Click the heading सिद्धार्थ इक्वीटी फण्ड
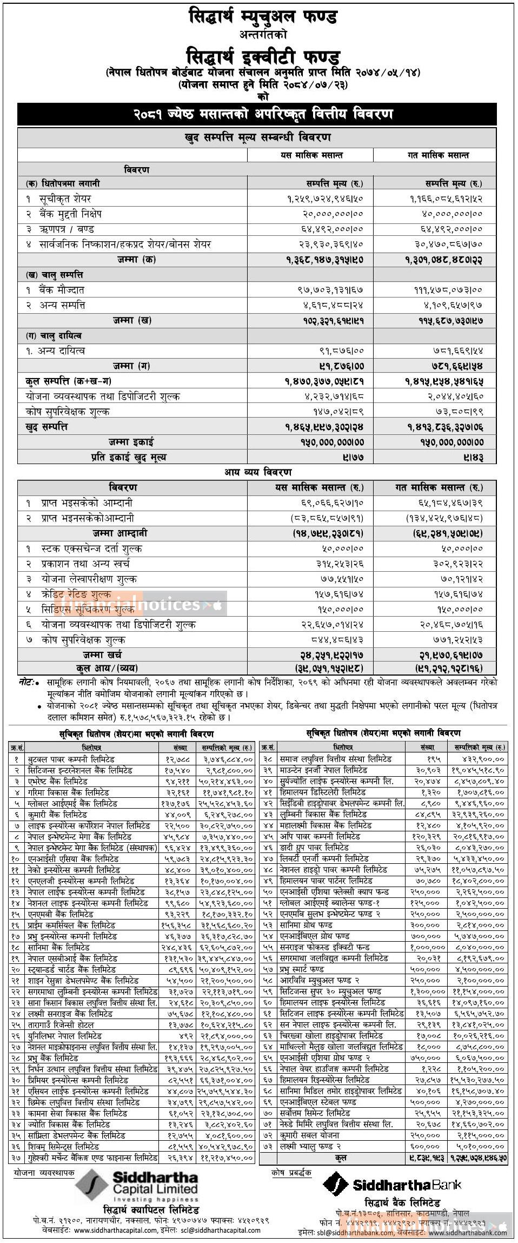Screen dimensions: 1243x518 tap(263, 56)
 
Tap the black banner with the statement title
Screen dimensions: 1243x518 tap(257, 114)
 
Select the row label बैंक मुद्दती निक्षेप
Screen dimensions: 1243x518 tap(70, 214)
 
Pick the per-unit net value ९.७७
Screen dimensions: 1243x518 tap(353, 458)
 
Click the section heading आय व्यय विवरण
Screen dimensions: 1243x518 tap(258, 472)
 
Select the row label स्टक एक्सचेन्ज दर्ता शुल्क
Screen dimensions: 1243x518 tap(91, 549)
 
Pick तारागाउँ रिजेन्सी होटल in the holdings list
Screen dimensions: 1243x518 tap(61, 1024)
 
